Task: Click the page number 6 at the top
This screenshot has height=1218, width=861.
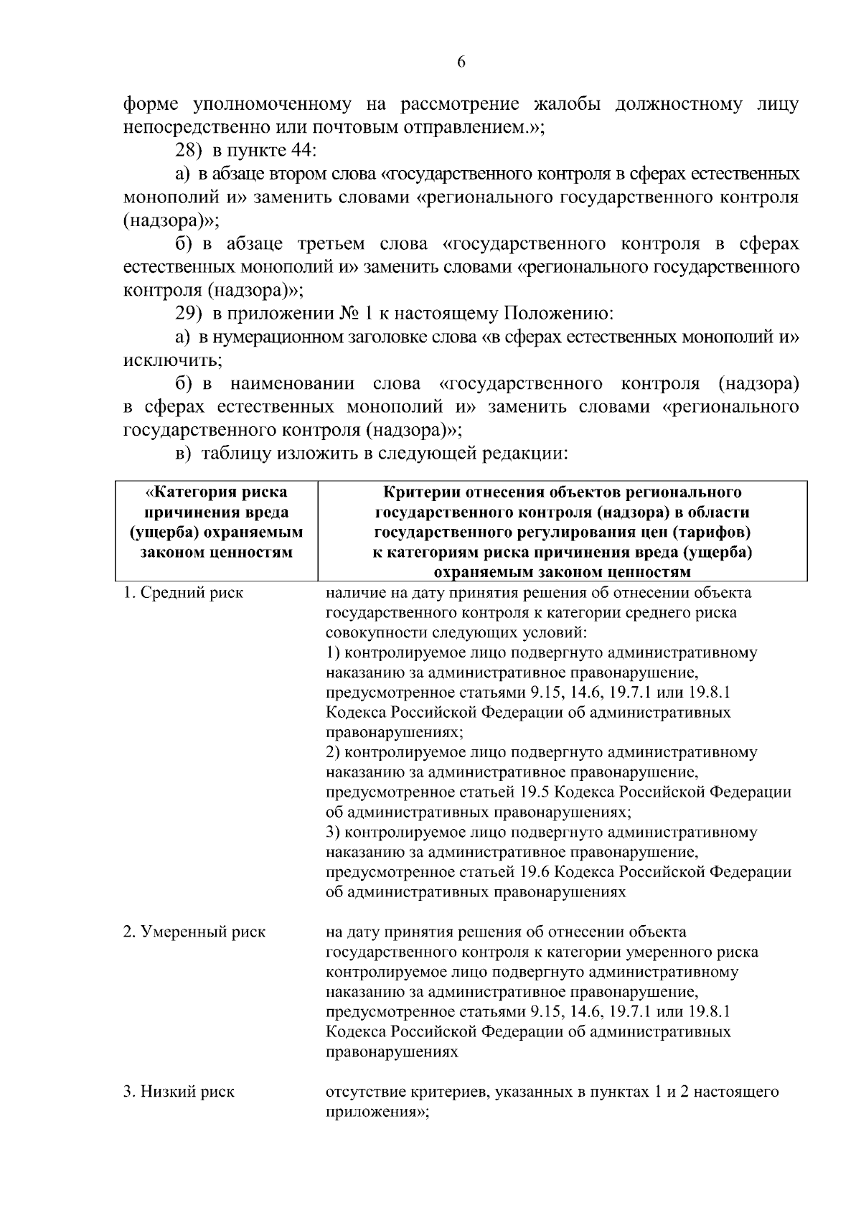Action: point(461,62)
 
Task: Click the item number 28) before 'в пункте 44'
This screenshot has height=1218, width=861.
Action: point(189,151)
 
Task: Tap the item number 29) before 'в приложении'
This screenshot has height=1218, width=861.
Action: point(189,314)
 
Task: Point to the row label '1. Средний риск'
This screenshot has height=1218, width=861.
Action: point(183,593)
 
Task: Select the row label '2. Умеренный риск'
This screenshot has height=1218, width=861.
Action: point(194,932)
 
